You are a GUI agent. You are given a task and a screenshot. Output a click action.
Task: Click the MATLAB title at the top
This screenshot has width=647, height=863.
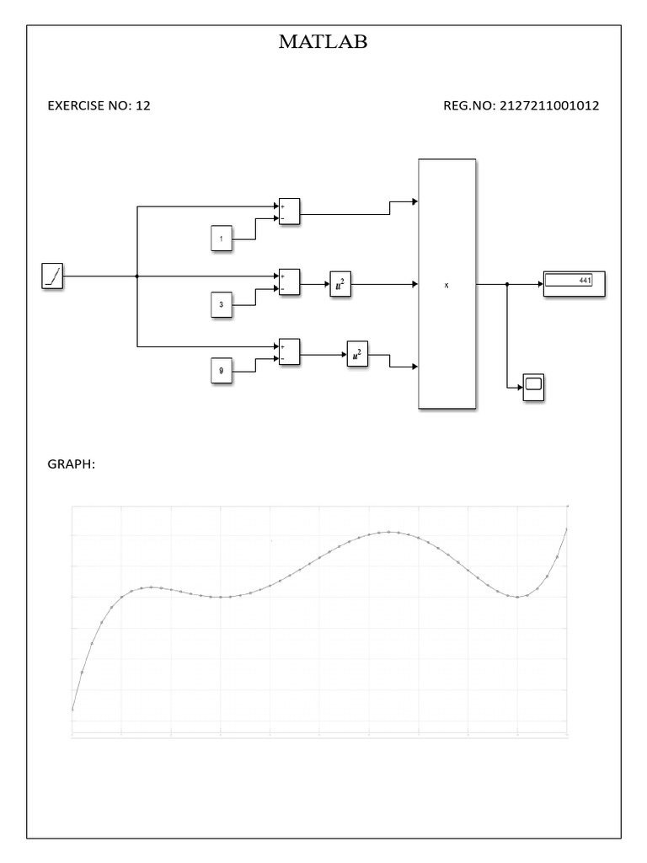click(323, 42)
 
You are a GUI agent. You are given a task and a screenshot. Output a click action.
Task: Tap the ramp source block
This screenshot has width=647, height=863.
click(52, 276)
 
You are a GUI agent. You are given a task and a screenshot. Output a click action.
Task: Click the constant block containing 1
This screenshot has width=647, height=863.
click(221, 239)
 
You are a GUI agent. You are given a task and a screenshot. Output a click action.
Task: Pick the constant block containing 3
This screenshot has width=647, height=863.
click(221, 305)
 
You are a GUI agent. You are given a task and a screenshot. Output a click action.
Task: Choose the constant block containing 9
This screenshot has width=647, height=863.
click(221, 370)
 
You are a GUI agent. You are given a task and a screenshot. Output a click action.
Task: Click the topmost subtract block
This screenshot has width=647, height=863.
click(289, 212)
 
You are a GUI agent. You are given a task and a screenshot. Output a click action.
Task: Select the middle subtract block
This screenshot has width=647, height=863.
click(289, 282)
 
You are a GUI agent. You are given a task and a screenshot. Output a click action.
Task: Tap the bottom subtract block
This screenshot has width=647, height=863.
click(289, 352)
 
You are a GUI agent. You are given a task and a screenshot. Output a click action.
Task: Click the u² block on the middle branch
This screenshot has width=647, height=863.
click(340, 287)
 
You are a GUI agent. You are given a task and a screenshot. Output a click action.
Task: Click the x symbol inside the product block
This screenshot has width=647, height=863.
click(446, 286)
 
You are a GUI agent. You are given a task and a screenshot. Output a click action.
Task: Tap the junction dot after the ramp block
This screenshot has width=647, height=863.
click(136, 276)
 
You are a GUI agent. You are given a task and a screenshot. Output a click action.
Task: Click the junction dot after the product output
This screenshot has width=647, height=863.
click(507, 285)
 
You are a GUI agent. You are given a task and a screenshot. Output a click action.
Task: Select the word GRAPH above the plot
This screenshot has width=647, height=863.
click(70, 463)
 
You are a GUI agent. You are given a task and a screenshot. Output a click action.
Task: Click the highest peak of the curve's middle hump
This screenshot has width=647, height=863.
click(389, 532)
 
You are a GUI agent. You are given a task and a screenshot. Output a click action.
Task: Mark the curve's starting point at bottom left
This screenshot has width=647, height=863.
click(73, 710)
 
